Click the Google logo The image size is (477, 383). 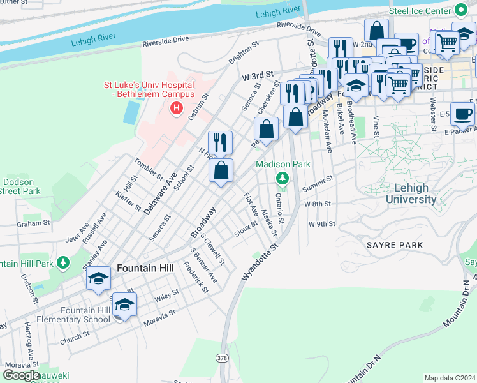tap(22, 375)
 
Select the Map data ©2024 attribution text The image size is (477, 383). tap(450, 378)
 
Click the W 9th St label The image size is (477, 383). tap(321, 224)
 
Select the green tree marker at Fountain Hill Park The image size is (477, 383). tap(62, 262)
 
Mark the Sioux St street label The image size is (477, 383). tap(246, 229)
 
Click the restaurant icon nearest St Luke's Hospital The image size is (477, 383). tap(220, 143)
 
